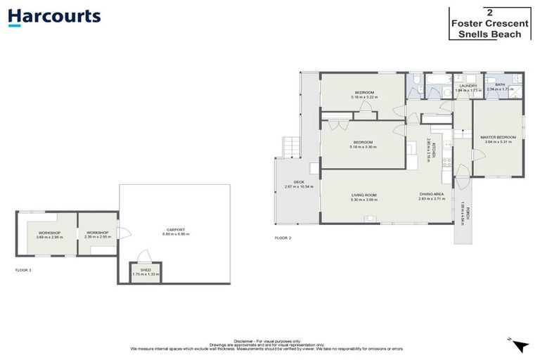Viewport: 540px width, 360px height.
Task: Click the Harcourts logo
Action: pos(54,18)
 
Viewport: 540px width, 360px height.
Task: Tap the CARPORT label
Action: pos(175,230)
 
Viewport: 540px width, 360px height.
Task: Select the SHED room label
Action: pos(146,270)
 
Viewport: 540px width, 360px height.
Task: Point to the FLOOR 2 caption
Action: pos(283,238)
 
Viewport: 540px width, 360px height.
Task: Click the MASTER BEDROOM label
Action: pos(498,137)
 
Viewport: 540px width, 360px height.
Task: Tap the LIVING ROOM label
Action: pos(364,195)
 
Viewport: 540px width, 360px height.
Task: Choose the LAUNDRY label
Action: pos(468,86)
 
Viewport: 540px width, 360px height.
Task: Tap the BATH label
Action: pos(500,85)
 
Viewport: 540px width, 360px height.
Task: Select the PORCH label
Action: pos(462,210)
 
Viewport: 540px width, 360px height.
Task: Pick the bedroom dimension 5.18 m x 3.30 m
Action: pos(363,147)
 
